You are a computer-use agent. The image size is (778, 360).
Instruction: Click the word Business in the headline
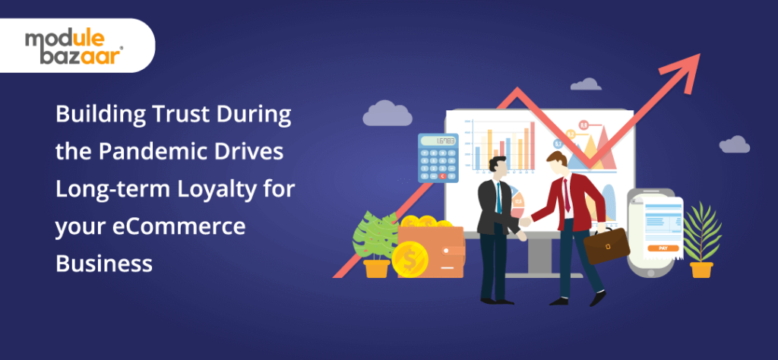[x=104, y=263]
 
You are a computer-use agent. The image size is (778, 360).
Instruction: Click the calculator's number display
[x=438, y=142]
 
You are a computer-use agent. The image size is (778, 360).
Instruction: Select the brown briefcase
[x=606, y=245]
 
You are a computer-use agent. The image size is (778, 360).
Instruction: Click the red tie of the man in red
[x=567, y=194]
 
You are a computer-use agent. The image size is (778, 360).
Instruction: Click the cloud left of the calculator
[x=387, y=115]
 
